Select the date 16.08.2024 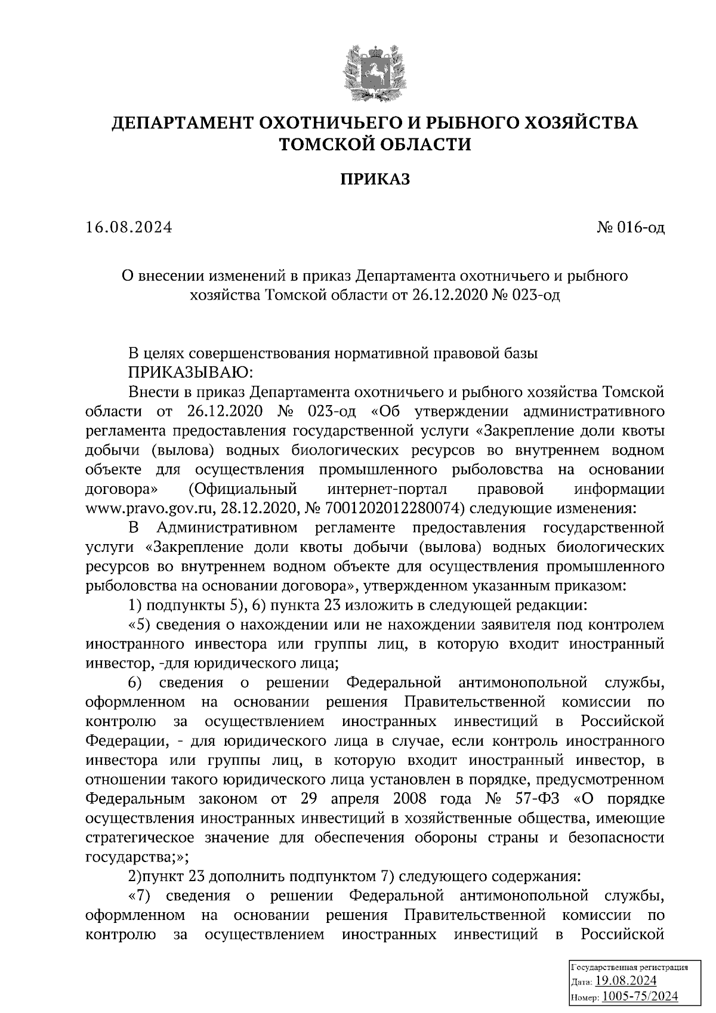click(129, 227)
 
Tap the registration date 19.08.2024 click(626, 981)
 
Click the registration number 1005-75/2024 click(640, 997)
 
